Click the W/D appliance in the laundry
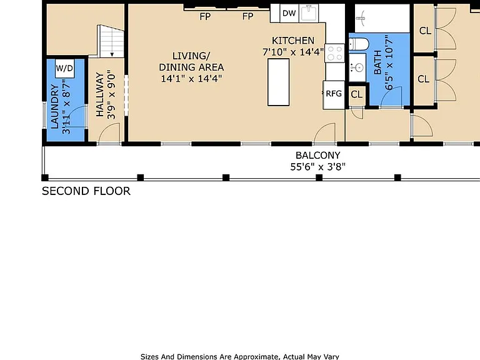coord(64,68)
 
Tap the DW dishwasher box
coord(289,13)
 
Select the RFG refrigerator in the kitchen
coord(334,94)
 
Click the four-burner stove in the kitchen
coord(334,53)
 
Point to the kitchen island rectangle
coord(278,82)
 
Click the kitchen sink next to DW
coord(309,13)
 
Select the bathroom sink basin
coord(357,67)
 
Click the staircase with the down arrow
coord(111,41)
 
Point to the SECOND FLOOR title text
coord(86,191)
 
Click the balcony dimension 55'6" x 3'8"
coord(317,167)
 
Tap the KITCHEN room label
coord(293,41)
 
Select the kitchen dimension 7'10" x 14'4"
coord(293,52)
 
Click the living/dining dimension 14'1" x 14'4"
coord(191,78)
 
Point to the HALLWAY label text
coord(100,94)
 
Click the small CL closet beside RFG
coord(356,94)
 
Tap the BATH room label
coord(377,62)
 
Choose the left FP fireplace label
coord(205,16)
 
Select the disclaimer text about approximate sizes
coord(240,357)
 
